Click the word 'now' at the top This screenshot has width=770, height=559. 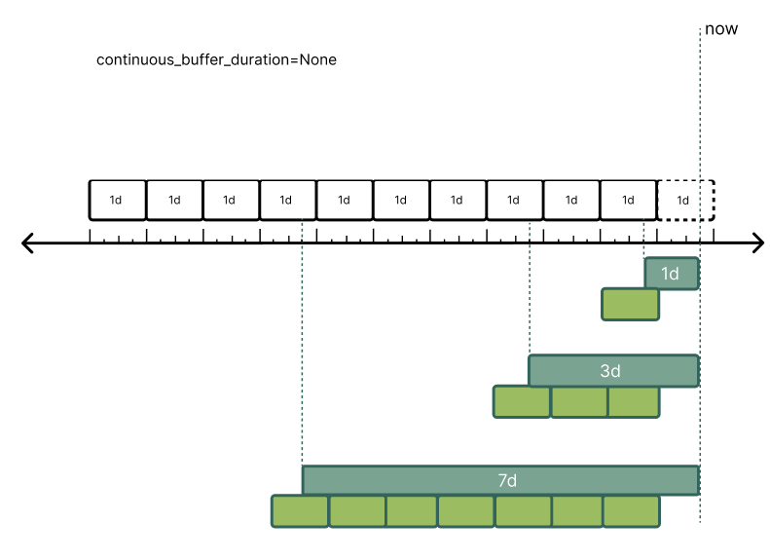[720, 28]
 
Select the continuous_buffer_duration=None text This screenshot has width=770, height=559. [216, 59]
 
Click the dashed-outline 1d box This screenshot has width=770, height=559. [685, 200]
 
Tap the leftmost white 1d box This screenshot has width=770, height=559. [118, 200]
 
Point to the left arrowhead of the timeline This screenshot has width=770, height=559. [29, 243]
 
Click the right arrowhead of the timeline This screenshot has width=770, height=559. [756, 243]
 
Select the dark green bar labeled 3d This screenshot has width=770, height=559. [613, 371]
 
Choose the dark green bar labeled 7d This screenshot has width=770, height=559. [500, 481]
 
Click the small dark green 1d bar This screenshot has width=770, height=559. [671, 274]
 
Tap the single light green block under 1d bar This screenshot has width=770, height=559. [631, 305]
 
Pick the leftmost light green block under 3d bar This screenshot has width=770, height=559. [522, 402]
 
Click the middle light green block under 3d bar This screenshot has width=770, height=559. [579, 402]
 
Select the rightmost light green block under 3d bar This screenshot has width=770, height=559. [634, 402]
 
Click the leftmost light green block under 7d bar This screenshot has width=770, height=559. [300, 511]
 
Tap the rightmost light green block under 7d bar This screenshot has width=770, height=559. [631, 511]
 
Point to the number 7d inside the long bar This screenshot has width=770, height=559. [506, 481]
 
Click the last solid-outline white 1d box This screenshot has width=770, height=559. [629, 200]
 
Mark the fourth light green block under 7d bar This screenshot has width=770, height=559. [466, 511]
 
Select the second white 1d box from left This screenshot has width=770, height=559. [174, 200]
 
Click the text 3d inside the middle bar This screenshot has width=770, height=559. [610, 371]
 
